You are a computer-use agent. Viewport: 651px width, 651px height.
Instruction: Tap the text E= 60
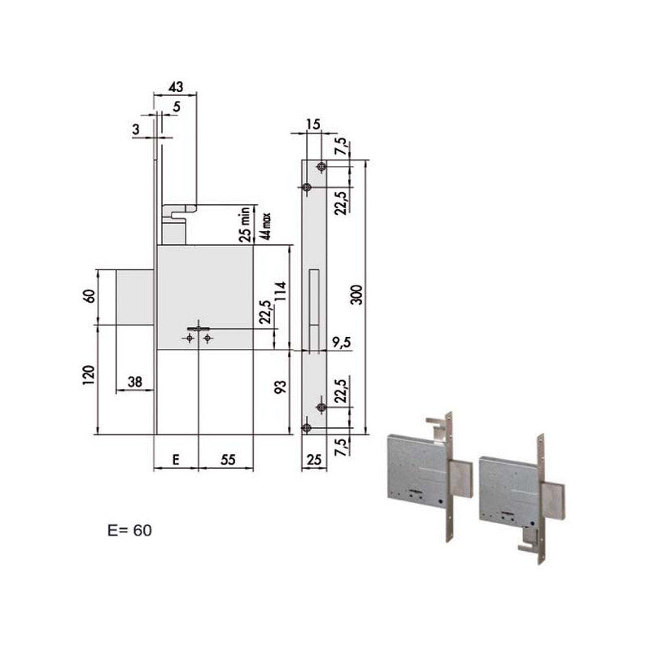click(124, 531)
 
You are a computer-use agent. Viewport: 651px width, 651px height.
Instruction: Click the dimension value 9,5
click(341, 343)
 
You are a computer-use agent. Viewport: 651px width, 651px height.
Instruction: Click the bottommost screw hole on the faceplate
click(307, 428)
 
